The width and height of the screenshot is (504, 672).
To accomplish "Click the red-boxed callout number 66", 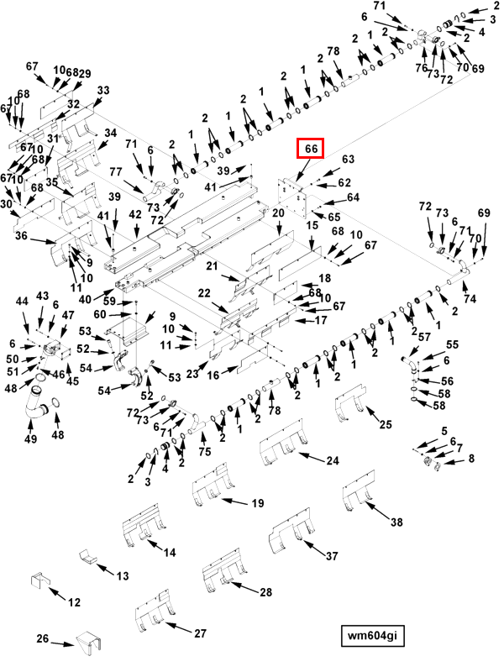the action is coord(311,149).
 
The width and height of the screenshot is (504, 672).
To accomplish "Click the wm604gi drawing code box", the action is coord(372,635).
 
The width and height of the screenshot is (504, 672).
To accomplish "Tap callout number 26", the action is coord(43,638).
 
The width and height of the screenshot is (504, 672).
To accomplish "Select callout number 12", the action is coord(74,602).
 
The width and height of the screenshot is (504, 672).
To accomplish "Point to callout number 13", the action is coord(123,576).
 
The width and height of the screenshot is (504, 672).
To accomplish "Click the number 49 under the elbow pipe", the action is coord(30,438).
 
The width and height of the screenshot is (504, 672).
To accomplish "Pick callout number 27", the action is coord(200,633).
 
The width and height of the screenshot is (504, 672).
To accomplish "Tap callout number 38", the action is coord(396,522).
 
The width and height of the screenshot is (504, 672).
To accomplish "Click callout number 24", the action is coord(333,460).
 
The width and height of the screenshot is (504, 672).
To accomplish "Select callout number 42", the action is coord(135,214).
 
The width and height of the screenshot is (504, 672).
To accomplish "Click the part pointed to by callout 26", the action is coord(89,645).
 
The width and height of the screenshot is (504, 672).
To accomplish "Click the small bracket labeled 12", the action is coord(39,580).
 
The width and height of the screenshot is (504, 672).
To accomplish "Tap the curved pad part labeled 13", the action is coord(88,555).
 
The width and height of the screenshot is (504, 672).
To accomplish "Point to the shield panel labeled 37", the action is coord(290,531).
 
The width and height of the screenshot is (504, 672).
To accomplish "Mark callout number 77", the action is coord(116,171).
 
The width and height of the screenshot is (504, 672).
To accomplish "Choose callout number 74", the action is coord(470,298).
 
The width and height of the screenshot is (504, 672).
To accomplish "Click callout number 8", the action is coord(471,458).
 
